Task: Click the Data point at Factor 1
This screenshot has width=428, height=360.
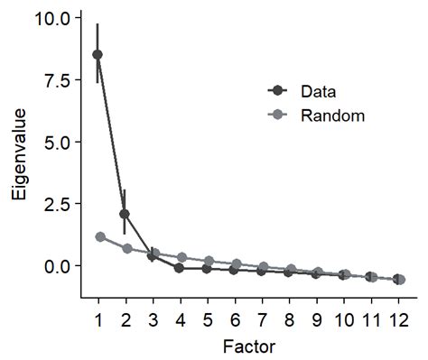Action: (98, 54)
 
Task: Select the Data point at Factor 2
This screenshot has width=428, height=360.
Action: (125, 214)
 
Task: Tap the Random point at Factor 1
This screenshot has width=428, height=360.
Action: (99, 236)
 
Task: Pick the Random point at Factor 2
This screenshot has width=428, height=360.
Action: (127, 248)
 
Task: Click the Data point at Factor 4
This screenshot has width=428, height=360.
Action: (180, 268)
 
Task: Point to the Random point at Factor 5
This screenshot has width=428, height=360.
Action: (208, 261)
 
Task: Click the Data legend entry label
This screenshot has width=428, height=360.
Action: (320, 90)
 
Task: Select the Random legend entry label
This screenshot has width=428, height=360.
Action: (331, 115)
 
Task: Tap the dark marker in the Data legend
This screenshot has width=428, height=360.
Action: (277, 90)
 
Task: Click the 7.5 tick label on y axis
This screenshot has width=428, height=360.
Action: (58, 80)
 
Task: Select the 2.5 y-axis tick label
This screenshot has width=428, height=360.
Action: (58, 204)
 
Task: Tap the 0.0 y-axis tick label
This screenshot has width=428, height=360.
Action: (58, 266)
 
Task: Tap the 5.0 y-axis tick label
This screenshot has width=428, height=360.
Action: (58, 143)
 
